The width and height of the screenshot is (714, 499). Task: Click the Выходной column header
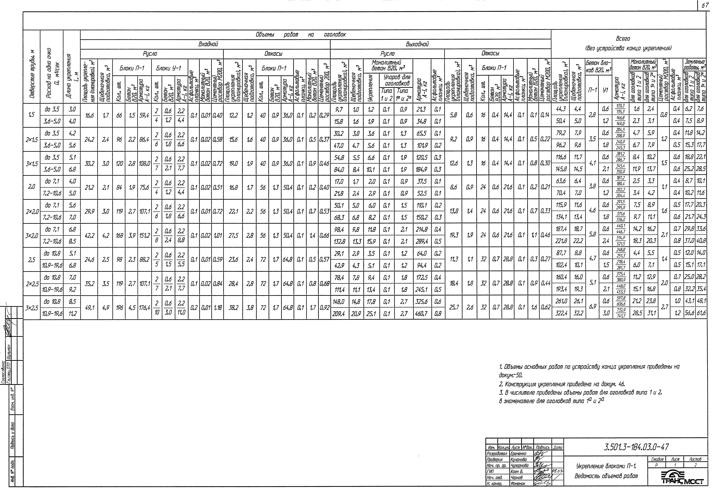[x=417, y=44]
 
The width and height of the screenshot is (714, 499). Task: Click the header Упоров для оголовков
[x=397, y=80]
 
